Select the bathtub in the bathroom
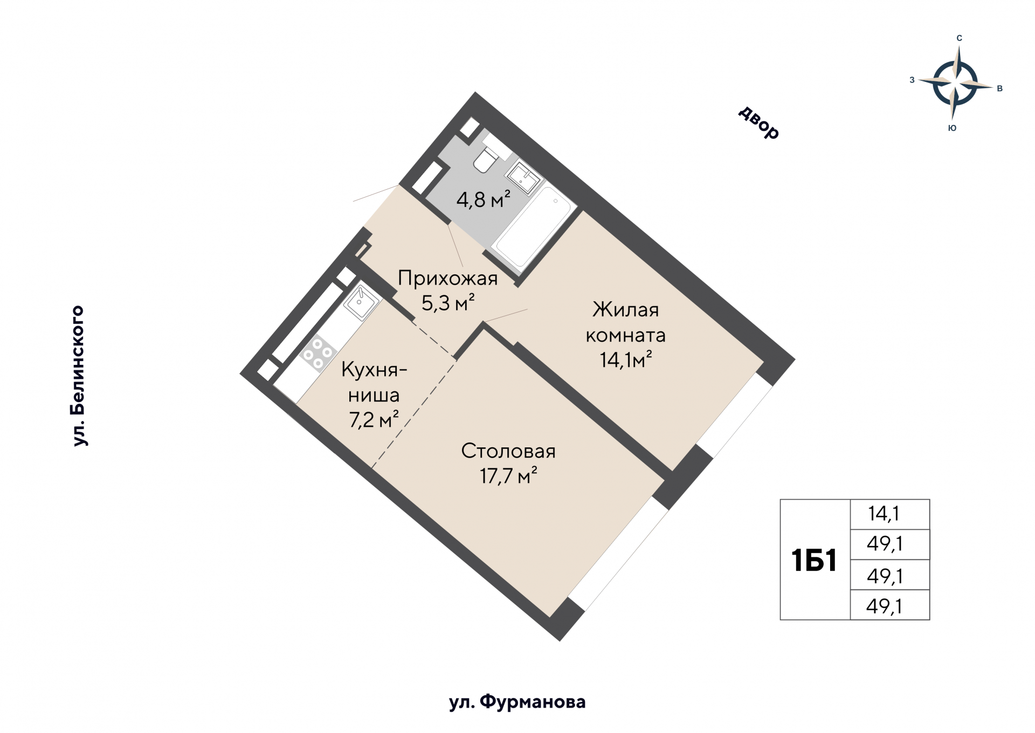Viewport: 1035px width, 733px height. pos(533,229)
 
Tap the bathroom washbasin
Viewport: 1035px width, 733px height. pos(523,177)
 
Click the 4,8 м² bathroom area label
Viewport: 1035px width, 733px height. pos(483,200)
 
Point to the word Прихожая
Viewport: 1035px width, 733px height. pos(447,279)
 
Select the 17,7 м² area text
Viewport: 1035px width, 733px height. pos(508,476)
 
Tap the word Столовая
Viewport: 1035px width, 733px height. pos(508,451)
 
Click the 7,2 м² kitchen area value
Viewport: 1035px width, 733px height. pos(374,420)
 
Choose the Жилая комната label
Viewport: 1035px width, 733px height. pos(626,322)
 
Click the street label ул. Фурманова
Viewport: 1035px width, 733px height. pos(517,702)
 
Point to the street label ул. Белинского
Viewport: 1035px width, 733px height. pos(79,376)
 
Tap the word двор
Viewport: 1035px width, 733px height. pos(758,123)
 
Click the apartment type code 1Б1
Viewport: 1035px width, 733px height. pos(814,560)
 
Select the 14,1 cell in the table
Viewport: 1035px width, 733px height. pos(884,514)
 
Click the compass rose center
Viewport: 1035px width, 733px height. pos(955,84)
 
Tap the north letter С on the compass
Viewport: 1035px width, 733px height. pos(959,38)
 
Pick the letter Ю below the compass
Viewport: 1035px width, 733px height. pos(952,128)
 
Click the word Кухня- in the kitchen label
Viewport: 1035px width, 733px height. pos(374,370)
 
